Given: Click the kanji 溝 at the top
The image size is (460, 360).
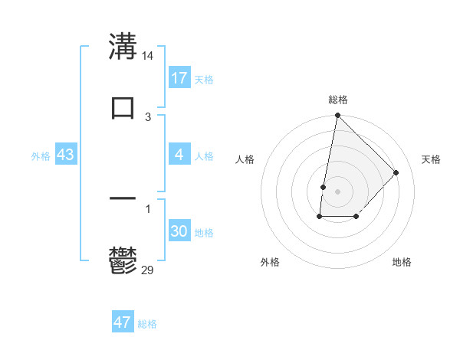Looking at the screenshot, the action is click(123, 46).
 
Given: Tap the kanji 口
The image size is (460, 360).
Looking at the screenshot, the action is click(123, 107).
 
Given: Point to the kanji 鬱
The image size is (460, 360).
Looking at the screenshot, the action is click(123, 260).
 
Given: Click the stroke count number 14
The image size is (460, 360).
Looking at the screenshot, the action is click(148, 56).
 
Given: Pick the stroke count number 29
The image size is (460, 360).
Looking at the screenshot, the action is click(148, 269).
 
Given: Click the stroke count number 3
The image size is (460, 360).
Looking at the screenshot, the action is click(148, 116).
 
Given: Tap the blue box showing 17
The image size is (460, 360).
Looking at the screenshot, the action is click(179, 78).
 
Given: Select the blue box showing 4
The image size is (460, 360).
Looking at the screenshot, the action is click(179, 155).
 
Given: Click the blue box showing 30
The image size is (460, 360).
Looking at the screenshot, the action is click(179, 232).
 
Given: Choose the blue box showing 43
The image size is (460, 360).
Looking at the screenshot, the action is click(66, 155).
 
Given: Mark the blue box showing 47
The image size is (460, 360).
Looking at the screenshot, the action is click(123, 322).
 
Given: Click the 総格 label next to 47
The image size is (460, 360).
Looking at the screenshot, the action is click(147, 324).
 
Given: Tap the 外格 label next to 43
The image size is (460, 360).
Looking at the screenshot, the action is click(41, 156).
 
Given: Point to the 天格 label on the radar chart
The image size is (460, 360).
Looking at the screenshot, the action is click(431, 159).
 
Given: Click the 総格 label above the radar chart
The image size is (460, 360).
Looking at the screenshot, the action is click(337, 100).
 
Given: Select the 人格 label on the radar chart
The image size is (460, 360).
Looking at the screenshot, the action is click(245, 159).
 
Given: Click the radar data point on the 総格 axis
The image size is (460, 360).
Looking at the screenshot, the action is click(337, 116).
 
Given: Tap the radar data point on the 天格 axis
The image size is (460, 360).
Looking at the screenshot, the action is click(396, 172).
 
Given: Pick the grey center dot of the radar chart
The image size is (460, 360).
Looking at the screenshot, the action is click(337, 191).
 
